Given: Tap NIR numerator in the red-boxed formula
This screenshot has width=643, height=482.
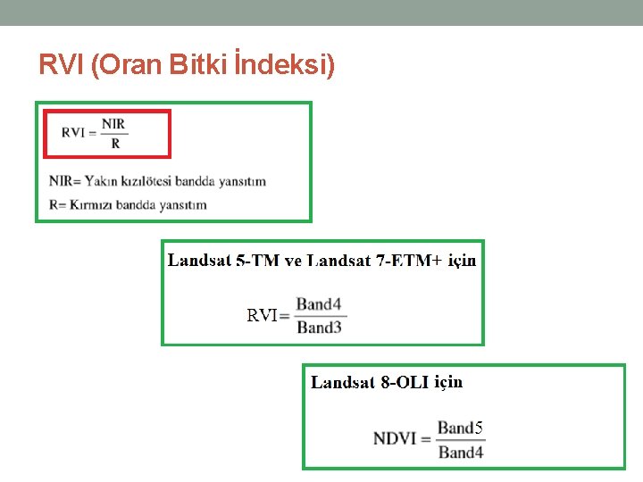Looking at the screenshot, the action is tap(114, 123).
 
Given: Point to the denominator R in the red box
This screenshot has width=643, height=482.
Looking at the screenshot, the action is tap(115, 143).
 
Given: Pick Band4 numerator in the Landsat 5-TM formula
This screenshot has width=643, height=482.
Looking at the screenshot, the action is tap(319, 304).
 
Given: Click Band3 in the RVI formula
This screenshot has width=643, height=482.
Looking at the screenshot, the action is tap(319, 327).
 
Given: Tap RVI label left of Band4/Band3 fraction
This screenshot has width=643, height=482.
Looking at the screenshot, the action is tap(263, 315).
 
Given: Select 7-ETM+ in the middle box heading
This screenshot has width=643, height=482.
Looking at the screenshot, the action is tap(407, 261).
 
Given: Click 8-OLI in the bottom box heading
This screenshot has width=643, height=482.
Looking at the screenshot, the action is tap(405, 383).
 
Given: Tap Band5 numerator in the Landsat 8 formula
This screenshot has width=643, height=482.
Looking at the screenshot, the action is tap(461, 428).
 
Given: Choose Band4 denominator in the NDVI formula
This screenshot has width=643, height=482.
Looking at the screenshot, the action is tap(461, 452).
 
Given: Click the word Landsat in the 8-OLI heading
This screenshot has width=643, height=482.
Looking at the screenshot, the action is tap(343, 383).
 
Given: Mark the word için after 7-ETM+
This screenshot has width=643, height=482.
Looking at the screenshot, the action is tap(462, 261).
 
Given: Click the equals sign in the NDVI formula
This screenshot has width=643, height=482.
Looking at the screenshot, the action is tap(424, 439).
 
